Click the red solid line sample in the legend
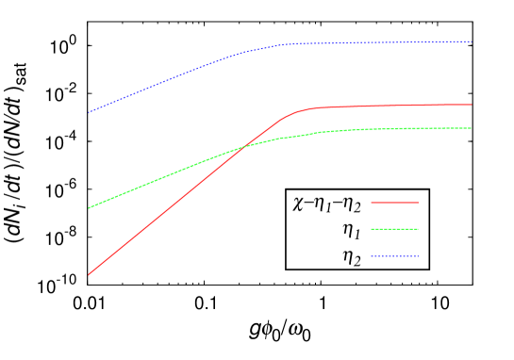[x=394, y=203]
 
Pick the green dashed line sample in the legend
[x=394, y=229]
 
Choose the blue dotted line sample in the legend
[x=394, y=256]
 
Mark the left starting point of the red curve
[x=89, y=274]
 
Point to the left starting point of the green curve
[x=89, y=208]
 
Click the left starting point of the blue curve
[x=89, y=112]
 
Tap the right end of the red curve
[x=472, y=105]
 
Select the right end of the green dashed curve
[x=472, y=128]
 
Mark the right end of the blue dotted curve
[x=472, y=41]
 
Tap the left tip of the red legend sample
[x=372, y=203]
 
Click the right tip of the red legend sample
[x=418, y=203]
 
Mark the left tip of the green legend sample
[x=372, y=229]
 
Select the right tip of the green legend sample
[x=418, y=229]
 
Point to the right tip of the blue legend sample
[x=418, y=256]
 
